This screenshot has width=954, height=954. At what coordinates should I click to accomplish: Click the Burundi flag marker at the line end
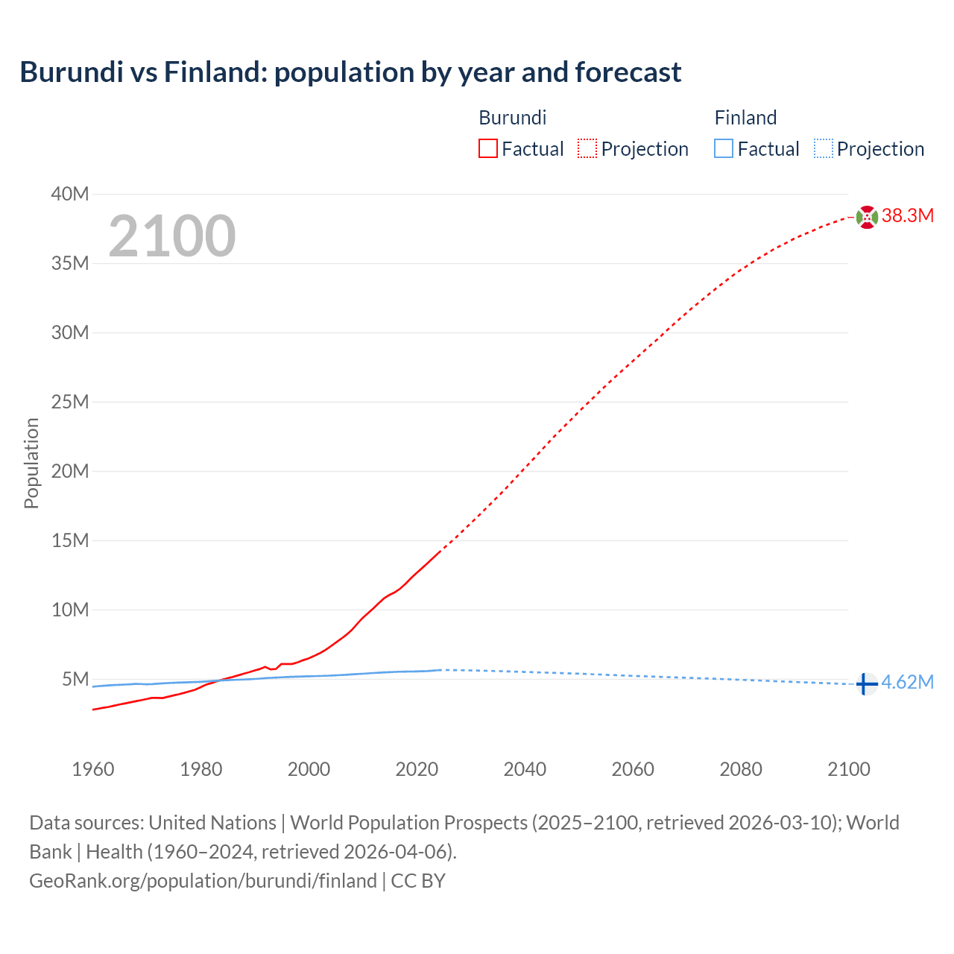(x=867, y=217)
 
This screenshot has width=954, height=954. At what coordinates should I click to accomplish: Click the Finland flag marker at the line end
(x=865, y=683)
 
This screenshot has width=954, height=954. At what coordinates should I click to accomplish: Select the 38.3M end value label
(x=908, y=216)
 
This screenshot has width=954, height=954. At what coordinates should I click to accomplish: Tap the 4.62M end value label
(x=907, y=683)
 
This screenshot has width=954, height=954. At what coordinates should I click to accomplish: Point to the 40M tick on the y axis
(x=70, y=195)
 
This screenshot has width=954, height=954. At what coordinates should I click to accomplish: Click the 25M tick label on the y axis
(x=70, y=402)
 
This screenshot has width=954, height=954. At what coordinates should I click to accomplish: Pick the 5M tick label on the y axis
(x=75, y=679)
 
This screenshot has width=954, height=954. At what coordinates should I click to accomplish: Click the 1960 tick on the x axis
(x=93, y=769)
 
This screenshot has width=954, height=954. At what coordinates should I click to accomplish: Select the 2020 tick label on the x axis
(x=417, y=769)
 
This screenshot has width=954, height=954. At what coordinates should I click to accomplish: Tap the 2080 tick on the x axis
(x=741, y=769)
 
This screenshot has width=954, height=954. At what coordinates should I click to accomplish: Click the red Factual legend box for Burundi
(x=488, y=149)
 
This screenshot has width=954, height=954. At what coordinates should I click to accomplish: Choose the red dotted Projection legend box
(x=587, y=149)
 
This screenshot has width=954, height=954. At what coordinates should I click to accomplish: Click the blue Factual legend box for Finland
(x=724, y=149)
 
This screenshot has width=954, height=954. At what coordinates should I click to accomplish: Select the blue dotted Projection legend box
(x=824, y=149)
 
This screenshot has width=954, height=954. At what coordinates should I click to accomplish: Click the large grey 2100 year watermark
(x=172, y=236)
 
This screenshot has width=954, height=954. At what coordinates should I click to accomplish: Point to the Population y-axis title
(x=31, y=463)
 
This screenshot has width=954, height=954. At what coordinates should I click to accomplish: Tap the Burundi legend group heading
(x=513, y=118)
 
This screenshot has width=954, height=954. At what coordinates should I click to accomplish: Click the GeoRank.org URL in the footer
(x=203, y=881)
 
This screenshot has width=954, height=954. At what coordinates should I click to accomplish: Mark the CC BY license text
(x=418, y=881)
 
